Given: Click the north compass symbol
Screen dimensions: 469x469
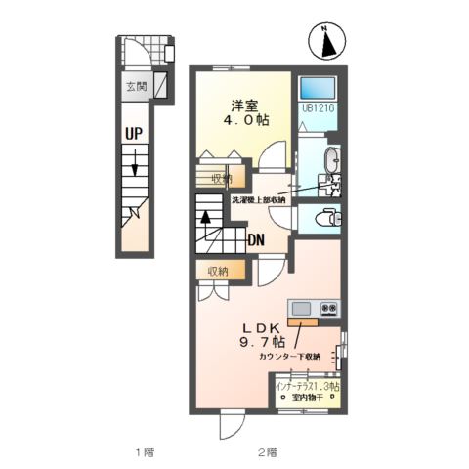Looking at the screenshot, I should coord(327,41).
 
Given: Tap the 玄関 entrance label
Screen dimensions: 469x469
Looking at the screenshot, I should coord(134,87).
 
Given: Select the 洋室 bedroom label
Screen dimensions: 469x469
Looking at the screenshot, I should coord(244,105).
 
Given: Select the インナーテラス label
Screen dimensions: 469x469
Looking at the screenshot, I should coord(306,387).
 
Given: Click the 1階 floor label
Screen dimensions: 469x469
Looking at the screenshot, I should coord(145,452).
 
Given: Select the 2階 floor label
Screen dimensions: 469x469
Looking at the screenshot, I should coord(268,452).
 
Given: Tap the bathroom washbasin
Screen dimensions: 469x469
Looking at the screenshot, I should coord(331,159).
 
